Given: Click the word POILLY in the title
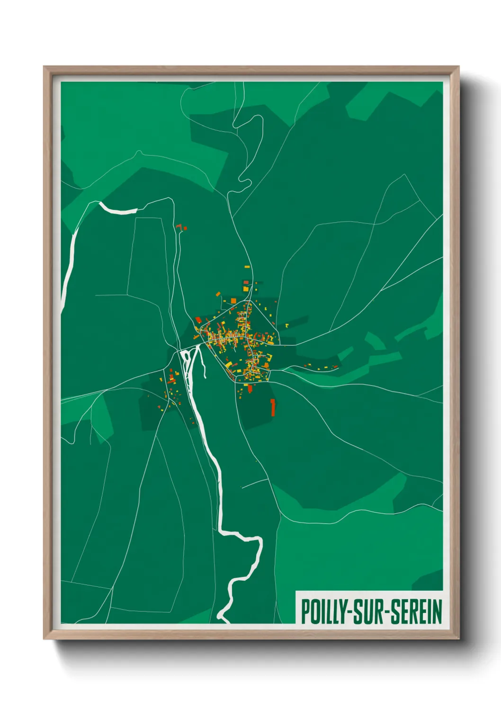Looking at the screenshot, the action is click(323, 611).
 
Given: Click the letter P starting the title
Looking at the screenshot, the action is click(305, 611).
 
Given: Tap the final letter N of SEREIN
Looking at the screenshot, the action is click(437, 611).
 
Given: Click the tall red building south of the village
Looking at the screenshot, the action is click(273, 407).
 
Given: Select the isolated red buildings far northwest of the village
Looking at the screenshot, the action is click(181, 228).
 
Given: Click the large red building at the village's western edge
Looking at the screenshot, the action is click(198, 321).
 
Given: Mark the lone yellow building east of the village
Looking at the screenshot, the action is click(287, 325).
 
